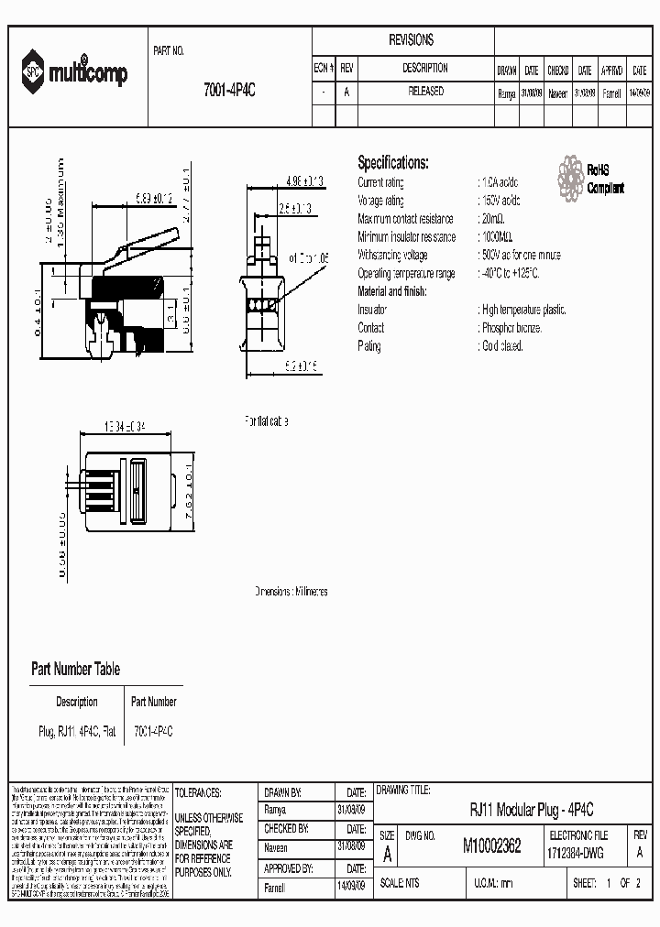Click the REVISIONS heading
411,40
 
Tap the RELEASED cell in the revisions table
424,92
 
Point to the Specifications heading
392,163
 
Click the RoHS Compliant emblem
591,179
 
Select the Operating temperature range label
405,274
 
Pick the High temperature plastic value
522,311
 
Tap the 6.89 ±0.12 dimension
154,197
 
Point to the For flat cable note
266,421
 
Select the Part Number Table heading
75,670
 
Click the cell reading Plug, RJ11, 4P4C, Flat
76,732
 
